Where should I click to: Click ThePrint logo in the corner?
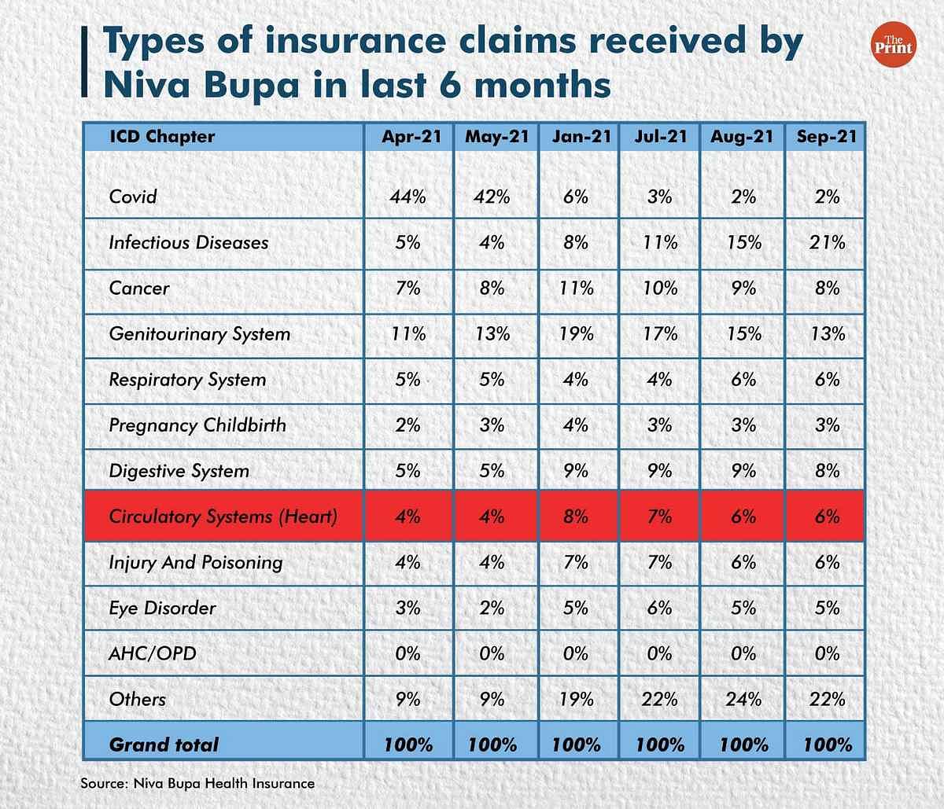893,44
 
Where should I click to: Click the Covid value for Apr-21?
407,197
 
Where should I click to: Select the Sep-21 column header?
827,137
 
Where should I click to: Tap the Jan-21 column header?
581,137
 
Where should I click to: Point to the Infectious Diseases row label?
189,242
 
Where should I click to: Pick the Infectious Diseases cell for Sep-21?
827,242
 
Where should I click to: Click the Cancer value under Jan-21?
577,288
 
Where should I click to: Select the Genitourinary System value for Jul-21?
660,333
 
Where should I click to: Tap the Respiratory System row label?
187,380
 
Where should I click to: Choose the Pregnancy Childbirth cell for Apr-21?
407,425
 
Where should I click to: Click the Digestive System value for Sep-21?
827,471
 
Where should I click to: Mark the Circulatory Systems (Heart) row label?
223,517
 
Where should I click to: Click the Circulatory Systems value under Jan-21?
576,517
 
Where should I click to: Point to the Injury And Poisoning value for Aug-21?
743,562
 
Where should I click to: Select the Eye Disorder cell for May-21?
492,608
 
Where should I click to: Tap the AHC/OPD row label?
153,654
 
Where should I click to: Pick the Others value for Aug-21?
743,699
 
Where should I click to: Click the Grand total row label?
164,745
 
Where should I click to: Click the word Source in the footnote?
103,783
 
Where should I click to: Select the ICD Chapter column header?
162,137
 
